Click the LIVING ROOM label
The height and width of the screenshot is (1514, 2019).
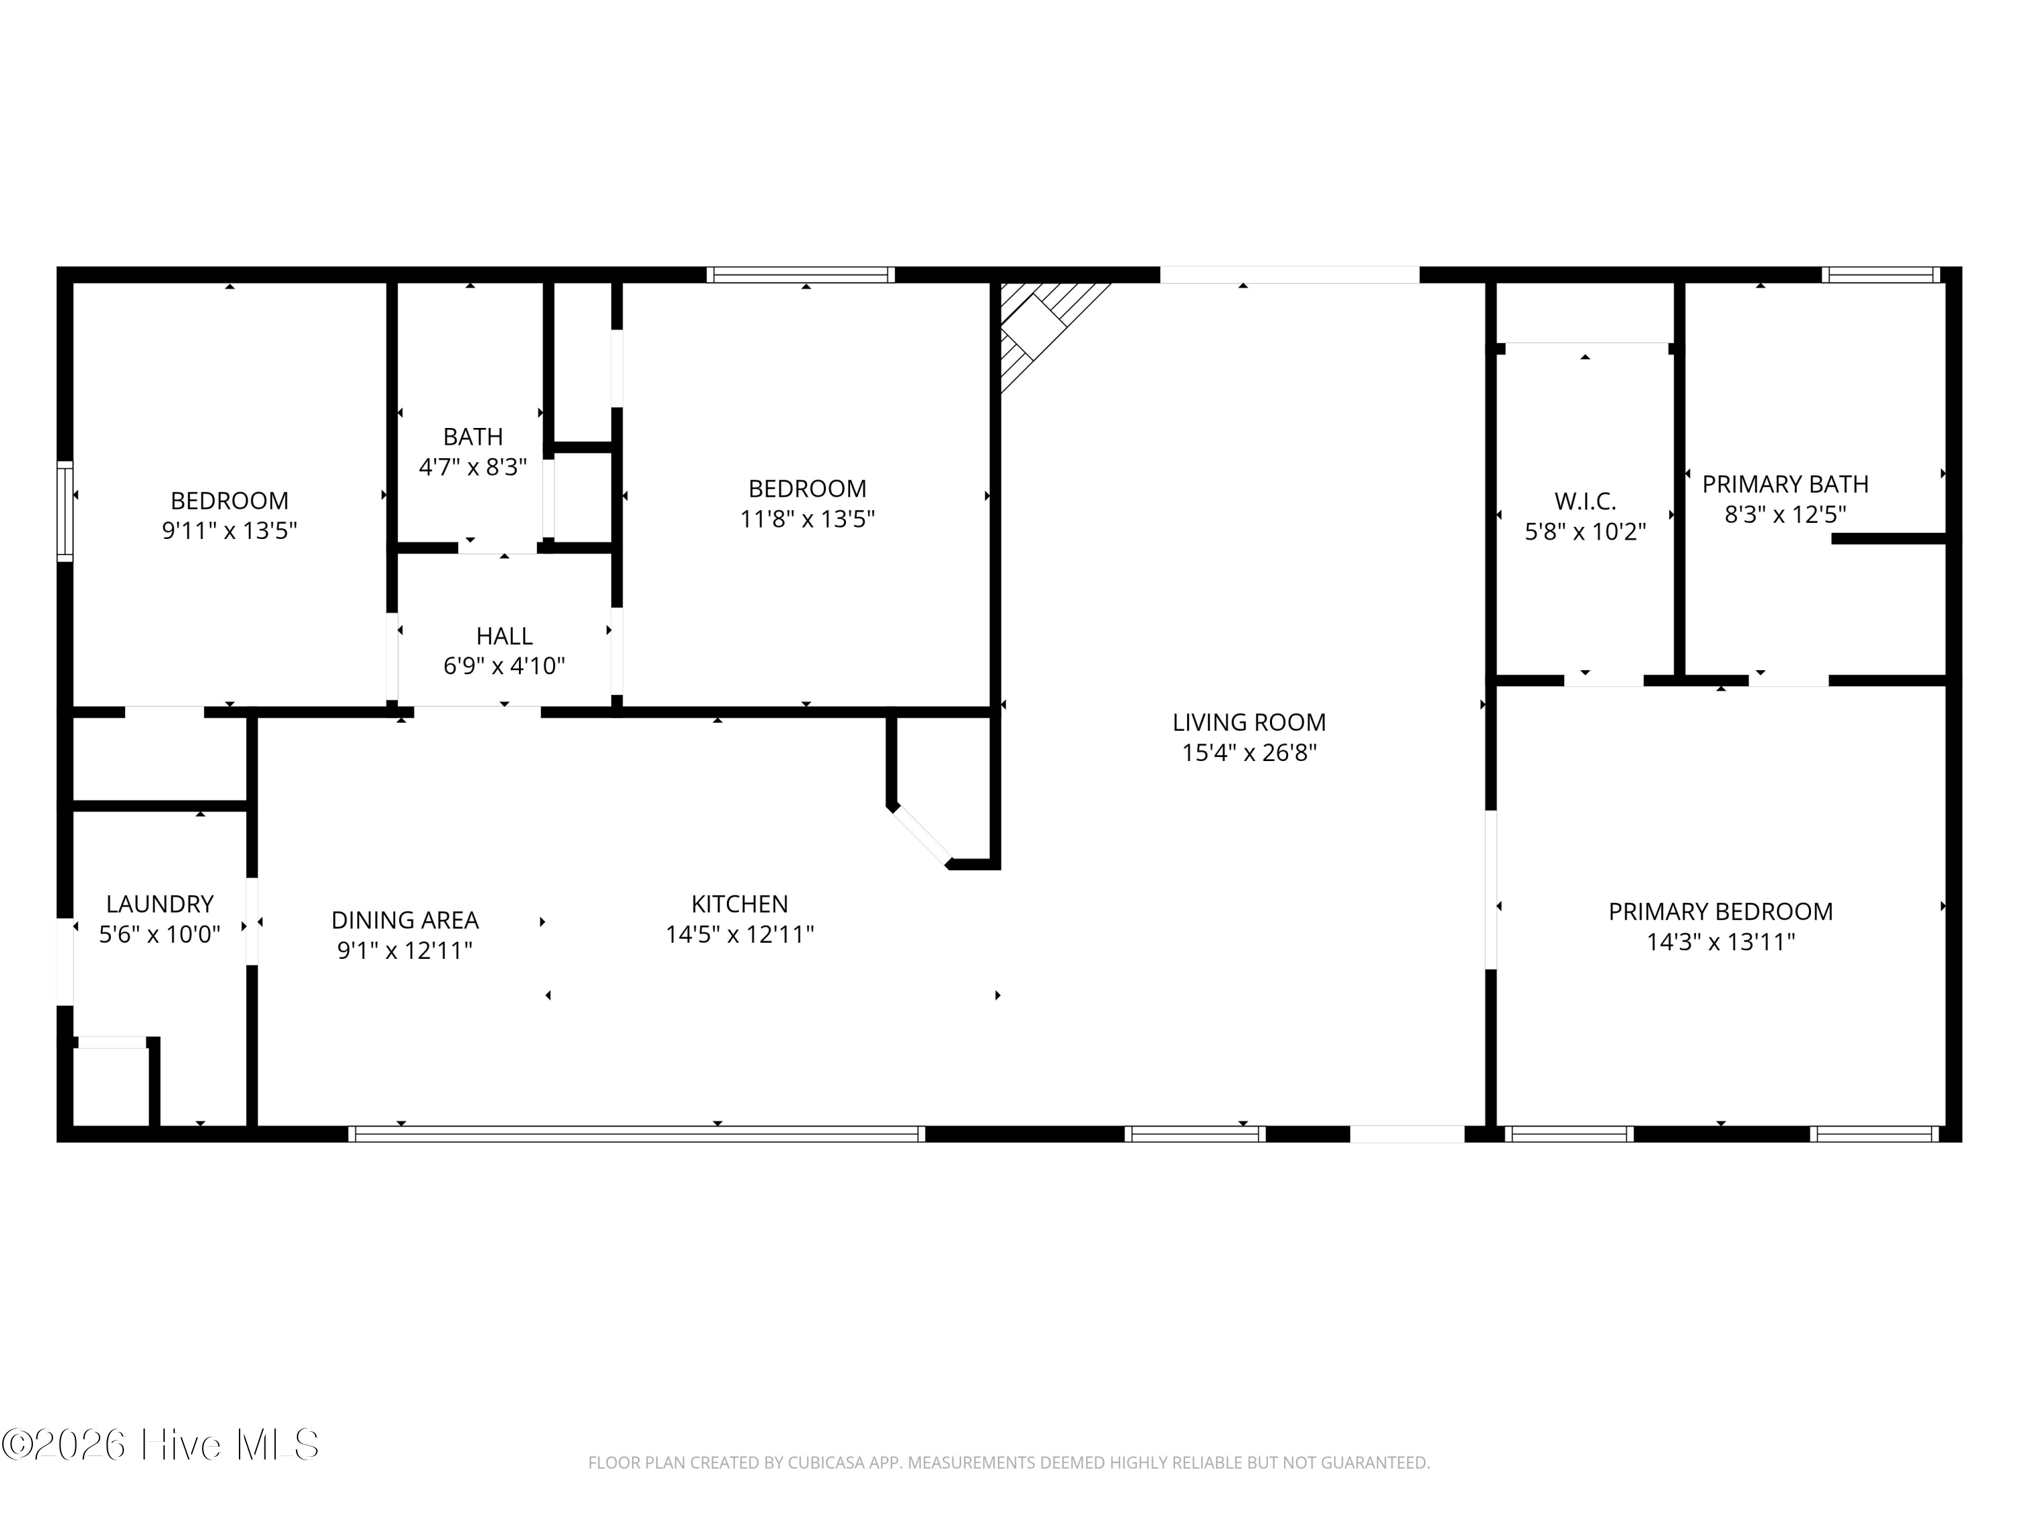[1248, 722]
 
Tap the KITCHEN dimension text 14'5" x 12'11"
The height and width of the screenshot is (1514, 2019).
[740, 935]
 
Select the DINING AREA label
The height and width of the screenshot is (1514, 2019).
[404, 920]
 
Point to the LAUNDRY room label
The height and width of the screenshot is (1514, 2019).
[160, 904]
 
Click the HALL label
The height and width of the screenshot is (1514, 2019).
[504, 635]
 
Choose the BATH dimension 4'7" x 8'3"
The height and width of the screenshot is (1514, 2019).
[473, 467]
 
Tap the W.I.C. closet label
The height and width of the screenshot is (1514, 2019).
[1586, 501]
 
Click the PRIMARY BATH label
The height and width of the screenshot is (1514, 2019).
[1785, 484]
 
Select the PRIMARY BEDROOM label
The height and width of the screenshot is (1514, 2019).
[1721, 911]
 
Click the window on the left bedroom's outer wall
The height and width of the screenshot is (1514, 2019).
[65, 510]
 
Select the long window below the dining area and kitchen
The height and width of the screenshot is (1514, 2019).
[636, 1133]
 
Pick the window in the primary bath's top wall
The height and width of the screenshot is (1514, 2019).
[1881, 275]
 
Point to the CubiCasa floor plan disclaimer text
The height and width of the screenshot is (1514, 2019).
[1009, 1463]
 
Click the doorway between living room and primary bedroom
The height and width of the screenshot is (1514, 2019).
[1491, 890]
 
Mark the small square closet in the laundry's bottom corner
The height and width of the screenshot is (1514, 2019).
[111, 1086]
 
